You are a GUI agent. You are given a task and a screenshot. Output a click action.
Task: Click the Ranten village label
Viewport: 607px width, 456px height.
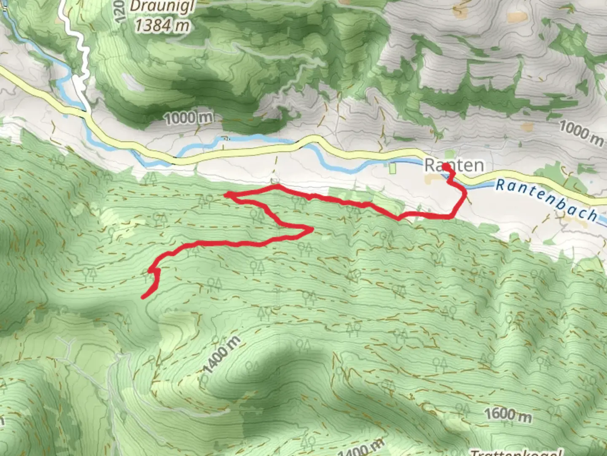click(454, 165)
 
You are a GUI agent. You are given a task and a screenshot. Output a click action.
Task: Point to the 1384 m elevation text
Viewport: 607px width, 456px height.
click(162, 25)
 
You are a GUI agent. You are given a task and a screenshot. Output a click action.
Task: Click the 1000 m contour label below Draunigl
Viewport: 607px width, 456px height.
click(188, 118)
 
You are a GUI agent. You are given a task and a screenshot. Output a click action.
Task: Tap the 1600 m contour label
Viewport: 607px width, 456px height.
click(508, 414)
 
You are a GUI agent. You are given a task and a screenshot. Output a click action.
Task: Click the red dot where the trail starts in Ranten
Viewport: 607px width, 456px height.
click(446, 167)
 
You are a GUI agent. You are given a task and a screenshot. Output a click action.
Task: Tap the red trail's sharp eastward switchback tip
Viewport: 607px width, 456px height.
click(312, 229)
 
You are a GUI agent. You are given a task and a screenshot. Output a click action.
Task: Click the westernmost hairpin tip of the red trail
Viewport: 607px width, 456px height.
click(225, 194)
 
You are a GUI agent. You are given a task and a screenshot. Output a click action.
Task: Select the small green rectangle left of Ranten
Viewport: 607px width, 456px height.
click(393, 168)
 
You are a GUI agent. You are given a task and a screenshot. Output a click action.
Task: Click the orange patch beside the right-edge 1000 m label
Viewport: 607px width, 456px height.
click(527, 127)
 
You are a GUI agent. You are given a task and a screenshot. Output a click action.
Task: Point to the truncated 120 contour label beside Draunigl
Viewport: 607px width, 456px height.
click(120, 12)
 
